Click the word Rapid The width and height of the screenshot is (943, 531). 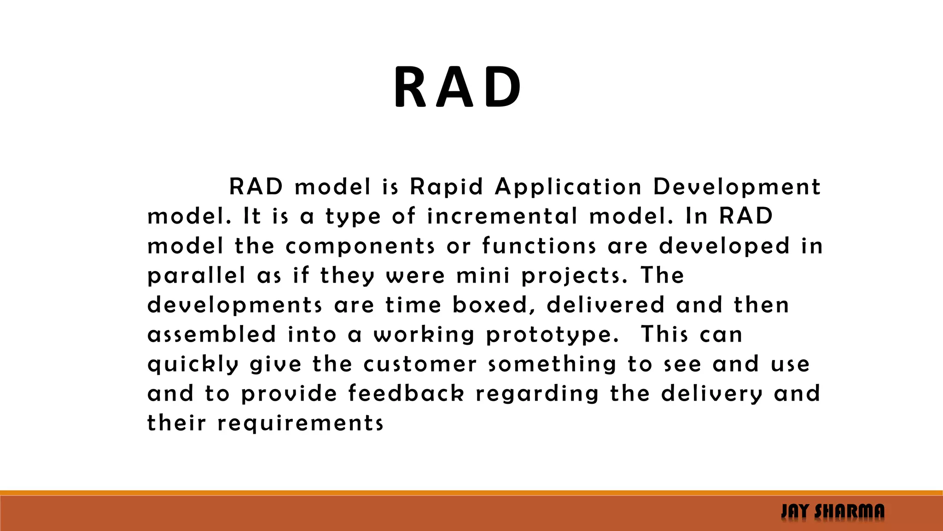coord(446,187)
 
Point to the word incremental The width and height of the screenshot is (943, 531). coord(502,217)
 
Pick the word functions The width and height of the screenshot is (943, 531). coord(539,246)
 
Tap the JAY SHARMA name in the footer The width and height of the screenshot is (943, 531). coord(832,512)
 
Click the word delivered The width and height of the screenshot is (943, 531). coord(605,305)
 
